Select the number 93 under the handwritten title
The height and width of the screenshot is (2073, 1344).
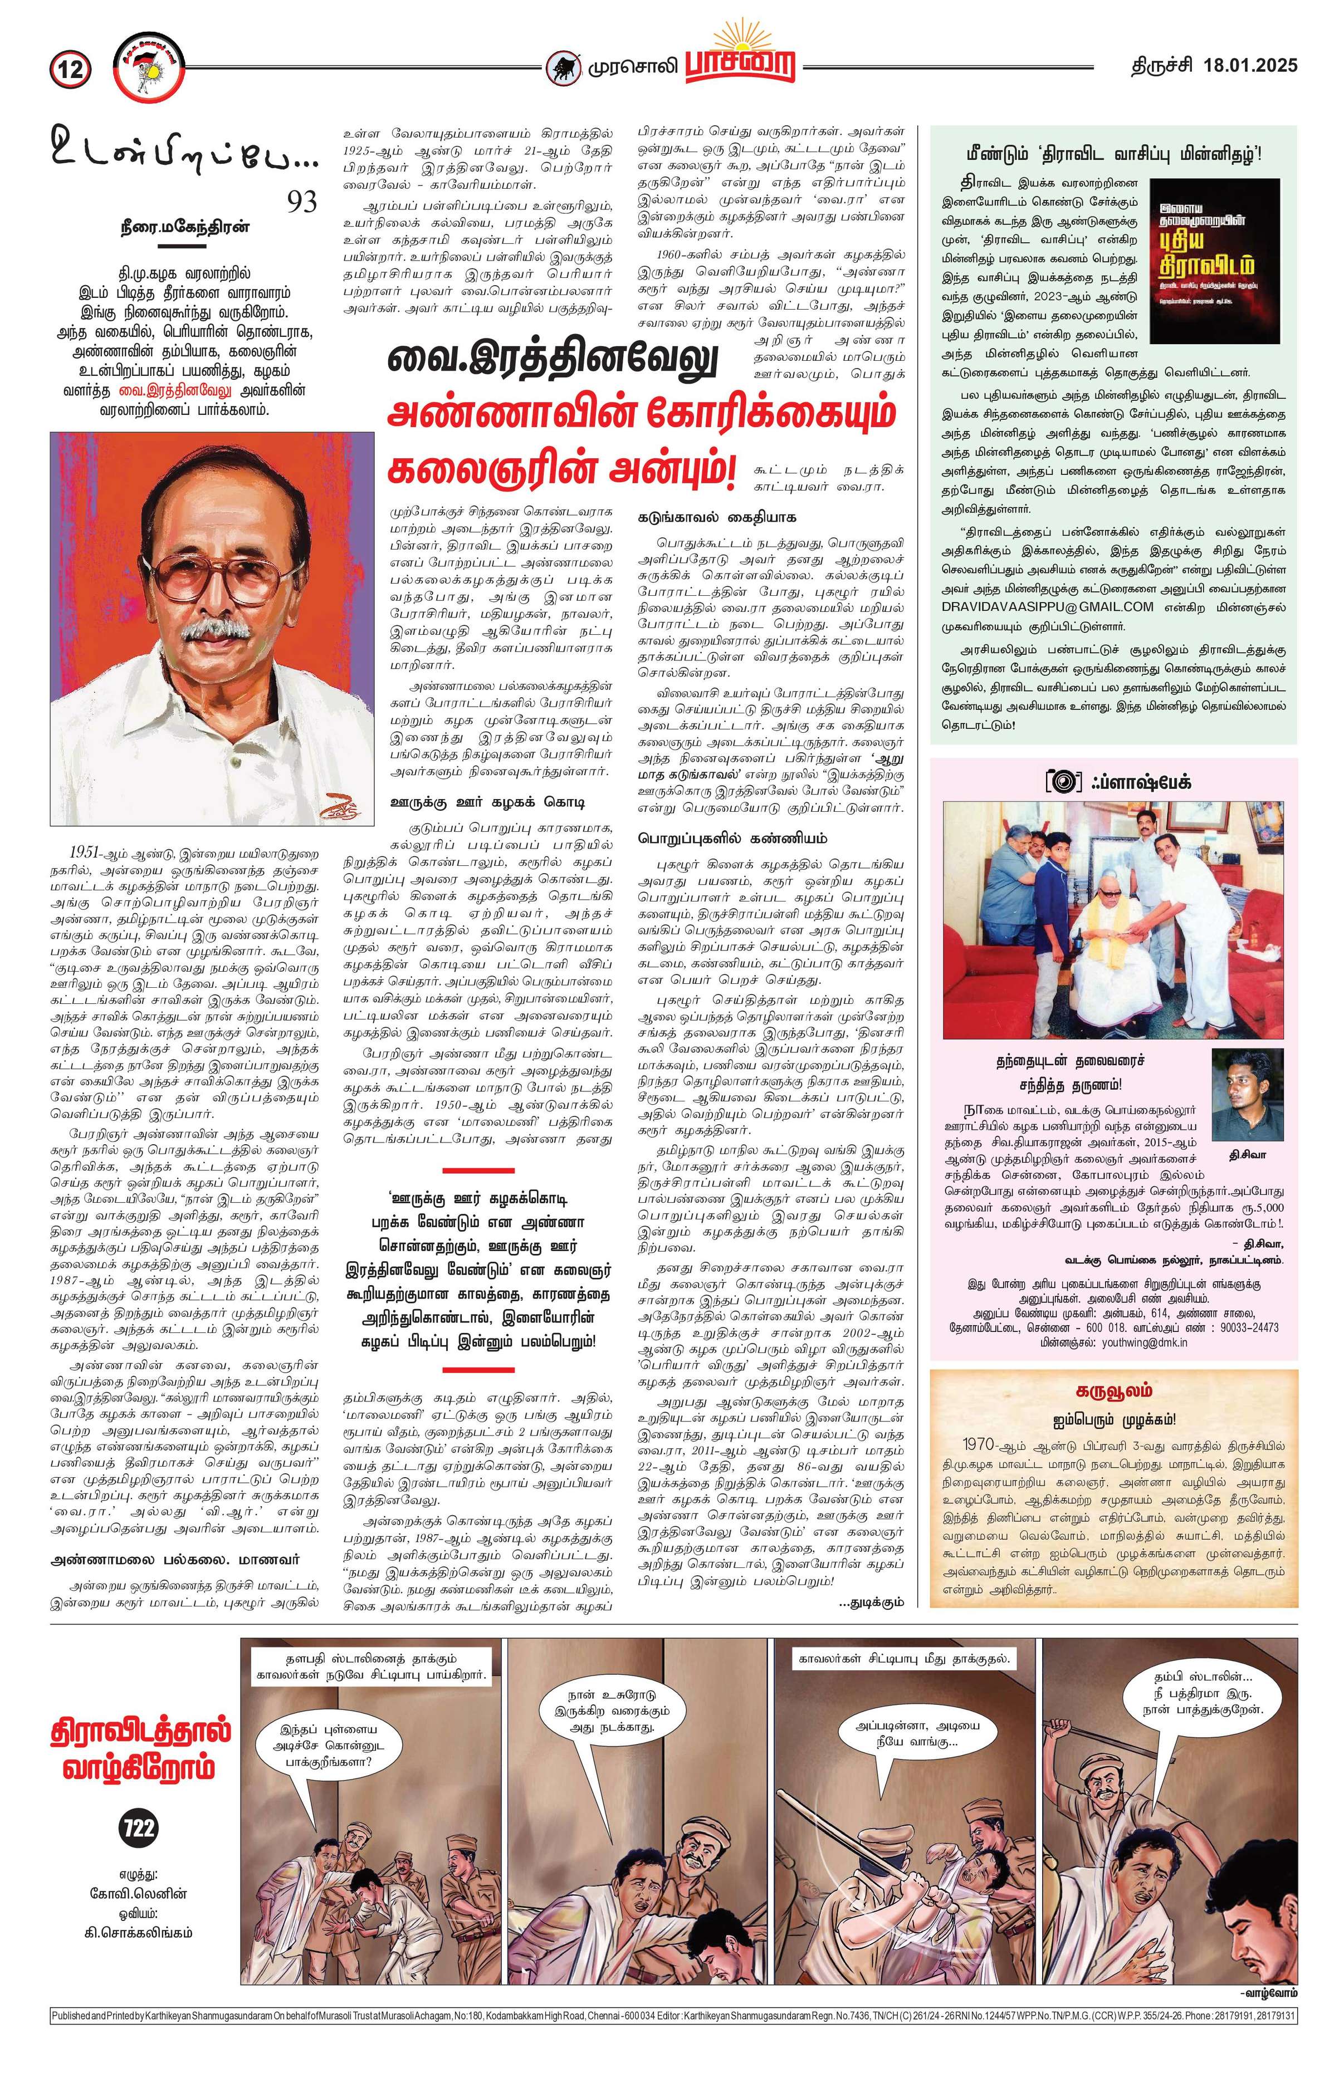pyautogui.click(x=302, y=202)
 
